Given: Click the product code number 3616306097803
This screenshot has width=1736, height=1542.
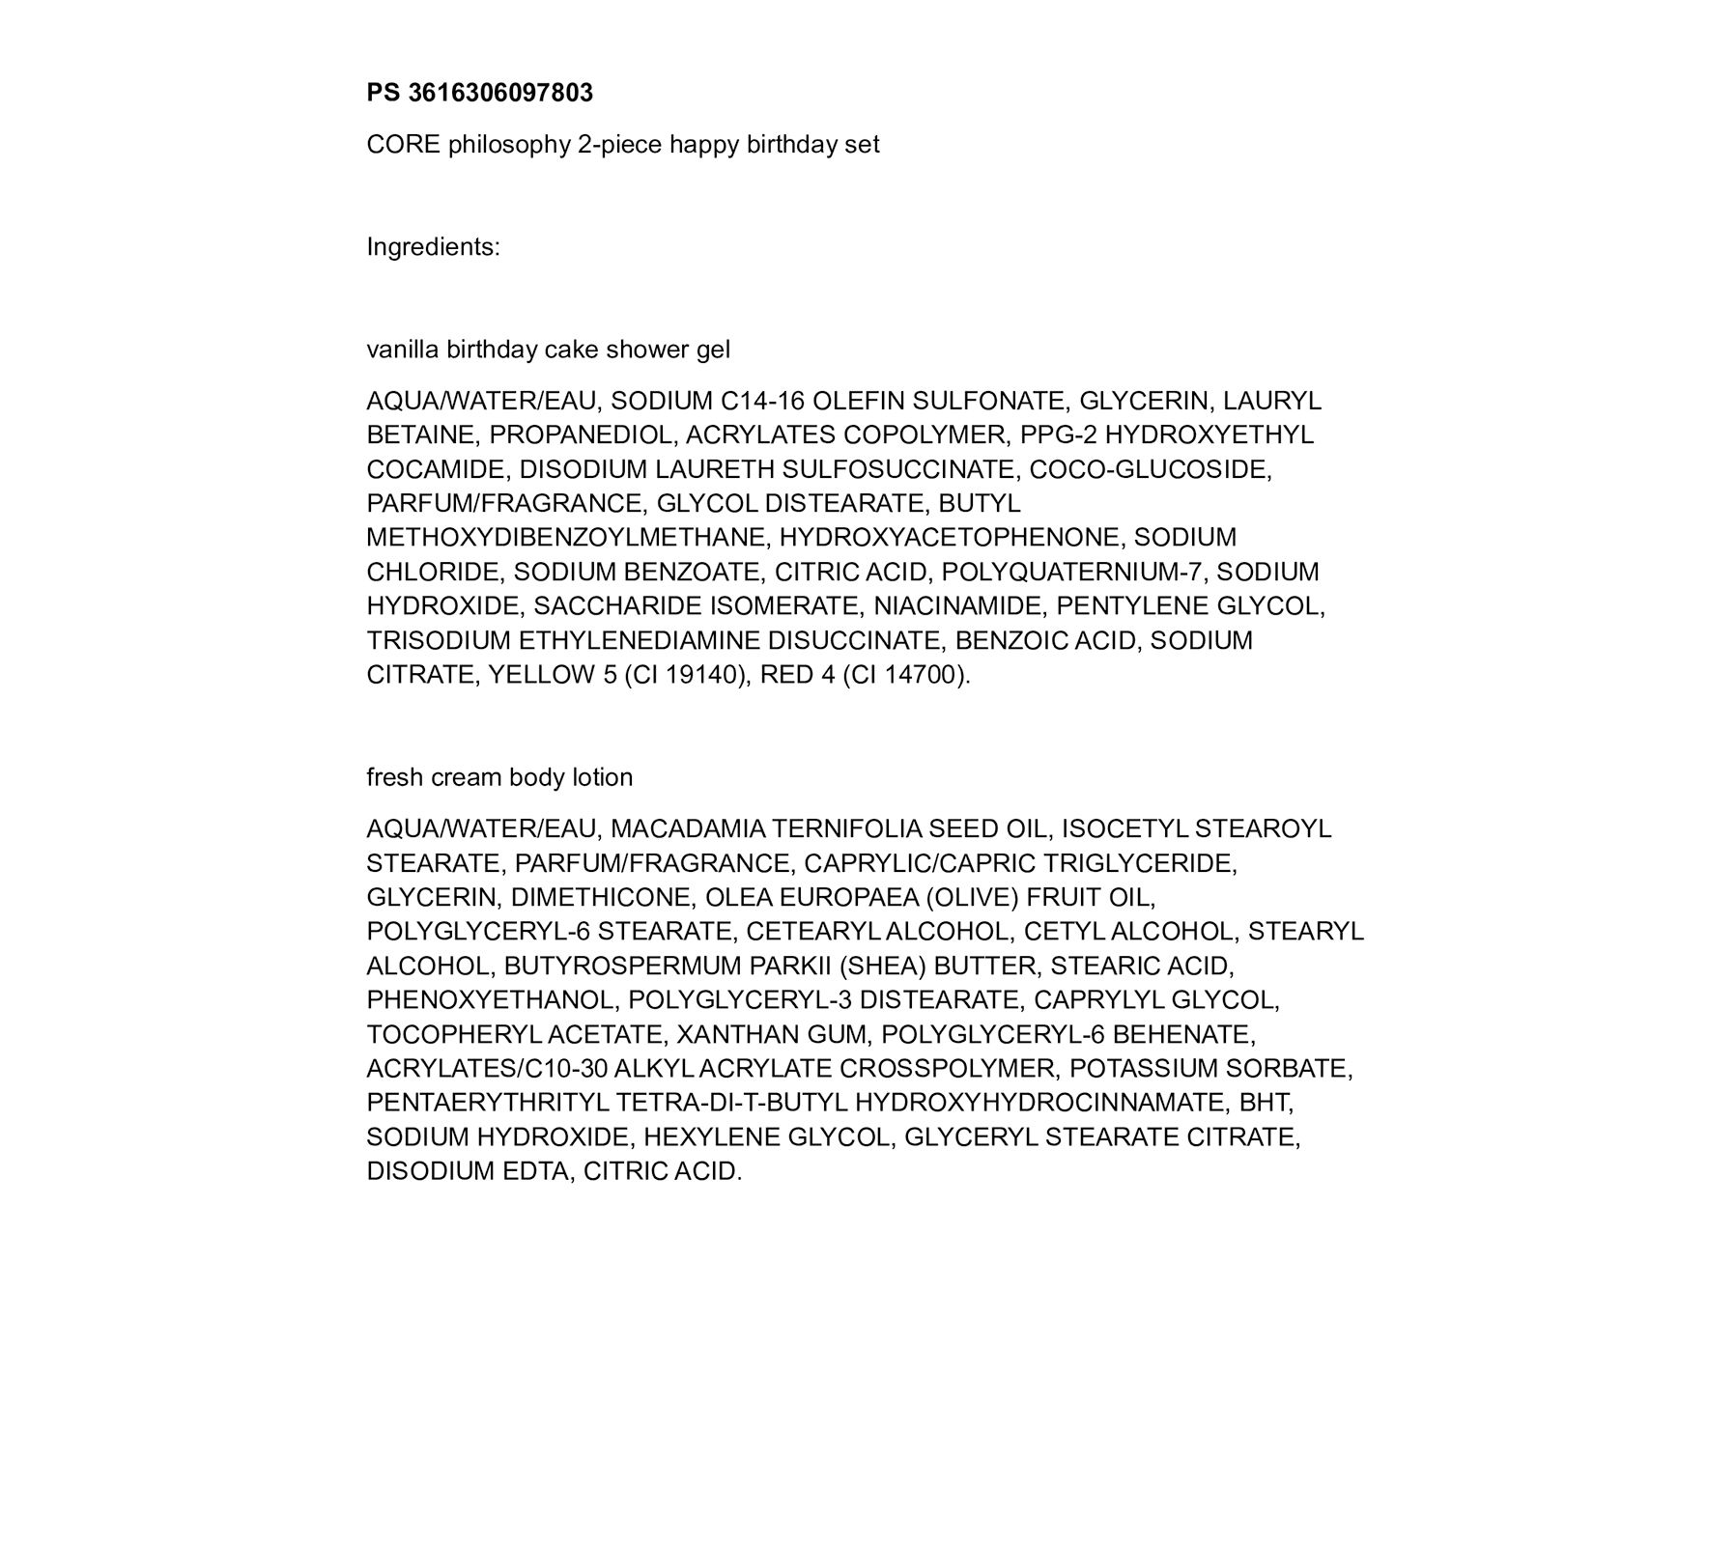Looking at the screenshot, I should pos(500,93).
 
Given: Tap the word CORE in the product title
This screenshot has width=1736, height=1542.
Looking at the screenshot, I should pos(403,145).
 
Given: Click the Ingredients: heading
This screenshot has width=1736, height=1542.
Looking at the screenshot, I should pos(433,247).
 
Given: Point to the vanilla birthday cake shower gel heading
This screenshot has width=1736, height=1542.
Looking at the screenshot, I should pos(548,350).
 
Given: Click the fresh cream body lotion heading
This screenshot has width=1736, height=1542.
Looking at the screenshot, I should pos(499,777).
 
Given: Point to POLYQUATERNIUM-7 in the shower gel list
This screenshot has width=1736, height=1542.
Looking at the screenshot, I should pos(1072,572).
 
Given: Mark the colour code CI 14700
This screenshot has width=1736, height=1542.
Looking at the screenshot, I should pos(904,675).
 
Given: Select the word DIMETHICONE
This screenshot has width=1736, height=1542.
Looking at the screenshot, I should pos(600,898).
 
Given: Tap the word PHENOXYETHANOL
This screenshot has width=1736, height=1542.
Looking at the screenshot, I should pos(492,1000).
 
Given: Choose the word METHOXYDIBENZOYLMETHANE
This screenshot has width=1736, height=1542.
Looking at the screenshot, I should pos(567,538).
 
